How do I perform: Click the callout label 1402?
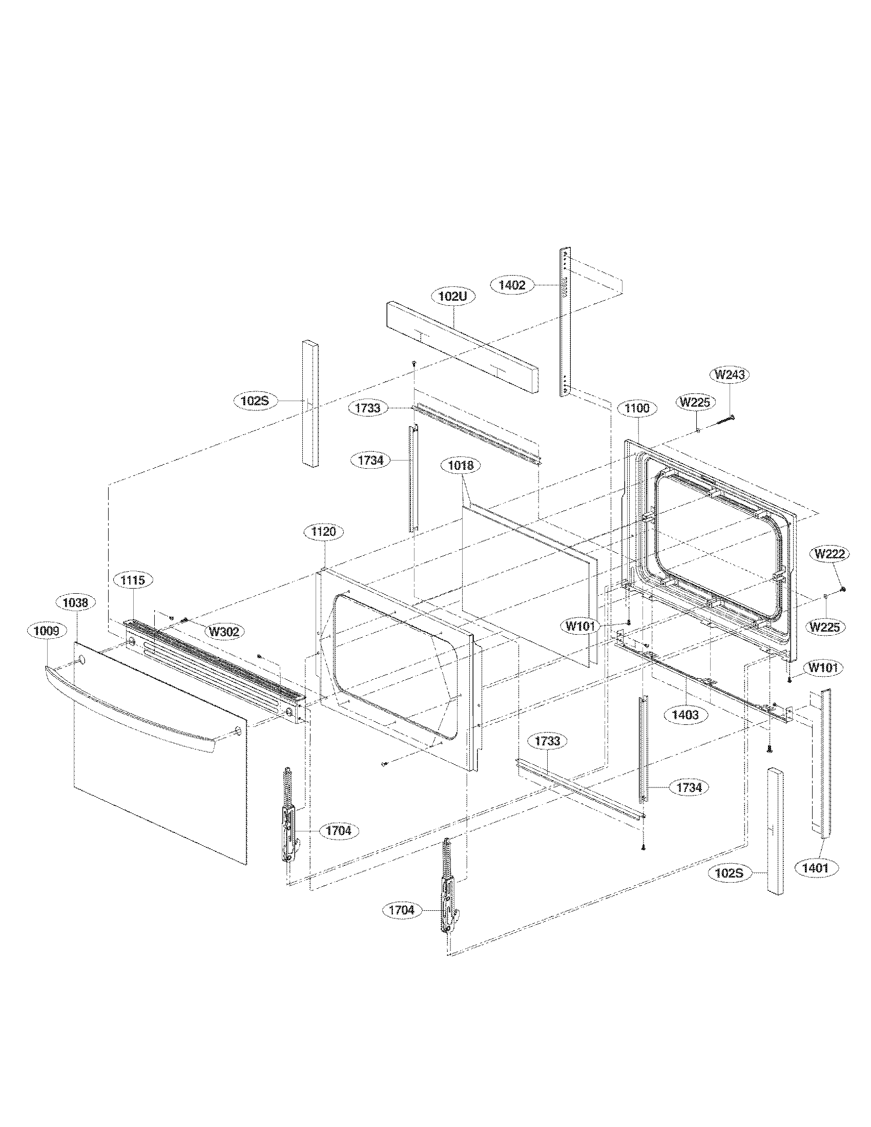click(512, 284)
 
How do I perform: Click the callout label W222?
click(829, 554)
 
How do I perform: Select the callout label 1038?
click(75, 602)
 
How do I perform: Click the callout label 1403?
click(685, 714)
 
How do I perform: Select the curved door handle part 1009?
click(129, 711)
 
